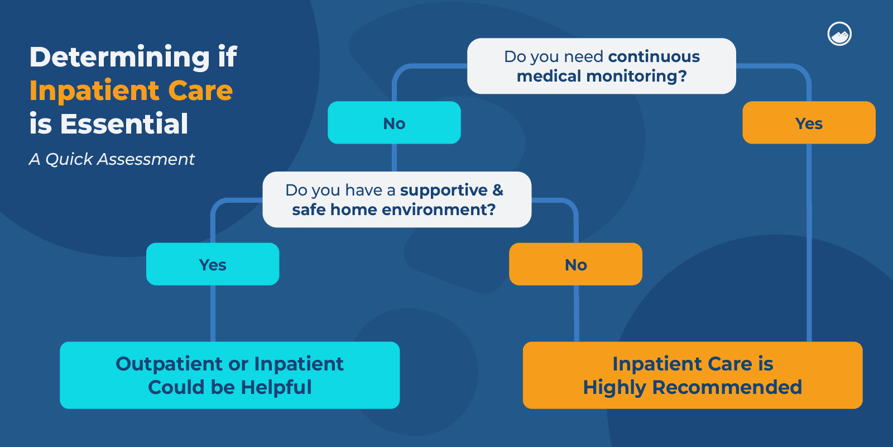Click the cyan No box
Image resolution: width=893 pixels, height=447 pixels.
pos(394,123)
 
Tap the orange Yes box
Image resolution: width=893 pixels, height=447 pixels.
pos(809,123)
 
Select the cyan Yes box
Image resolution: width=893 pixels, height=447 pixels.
pos(213,264)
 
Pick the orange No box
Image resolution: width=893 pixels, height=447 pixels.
pos(575,264)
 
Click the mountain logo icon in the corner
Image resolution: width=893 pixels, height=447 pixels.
pos(839,34)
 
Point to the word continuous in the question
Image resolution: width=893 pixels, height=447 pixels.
pos(654,56)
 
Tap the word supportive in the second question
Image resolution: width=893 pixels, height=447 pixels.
pos(444,191)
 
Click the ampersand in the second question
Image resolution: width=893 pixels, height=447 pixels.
pos(498,190)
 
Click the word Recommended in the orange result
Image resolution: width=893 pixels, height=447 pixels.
pos(727,387)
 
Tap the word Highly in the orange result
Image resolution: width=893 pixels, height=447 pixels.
pos(614,387)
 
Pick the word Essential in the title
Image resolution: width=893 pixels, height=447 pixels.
pos(124,124)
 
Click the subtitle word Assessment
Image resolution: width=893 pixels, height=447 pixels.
pos(146,159)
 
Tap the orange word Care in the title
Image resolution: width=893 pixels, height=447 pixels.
pos(200,91)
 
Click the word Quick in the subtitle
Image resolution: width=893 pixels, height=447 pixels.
pos(69,159)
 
